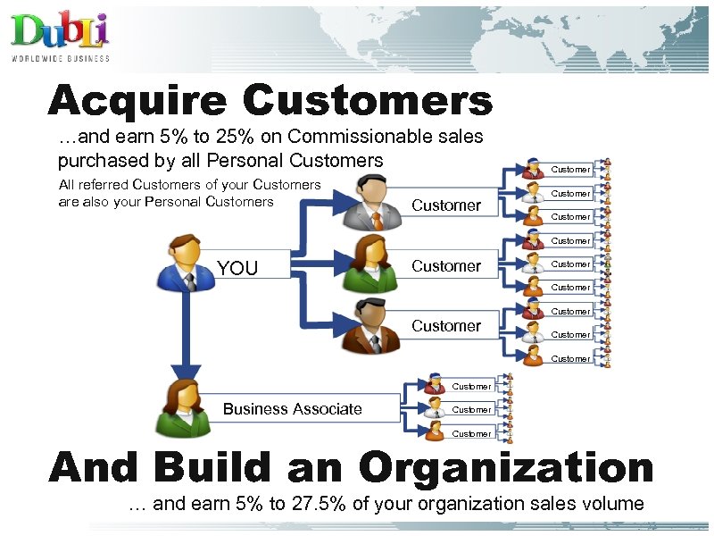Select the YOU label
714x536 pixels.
tap(237, 268)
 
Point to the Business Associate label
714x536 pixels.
tap(293, 409)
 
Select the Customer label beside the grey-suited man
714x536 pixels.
tap(446, 205)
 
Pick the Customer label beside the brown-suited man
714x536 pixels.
tap(446, 326)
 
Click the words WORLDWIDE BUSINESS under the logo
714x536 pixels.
tap(61, 59)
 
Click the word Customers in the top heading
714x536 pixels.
tap(367, 101)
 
